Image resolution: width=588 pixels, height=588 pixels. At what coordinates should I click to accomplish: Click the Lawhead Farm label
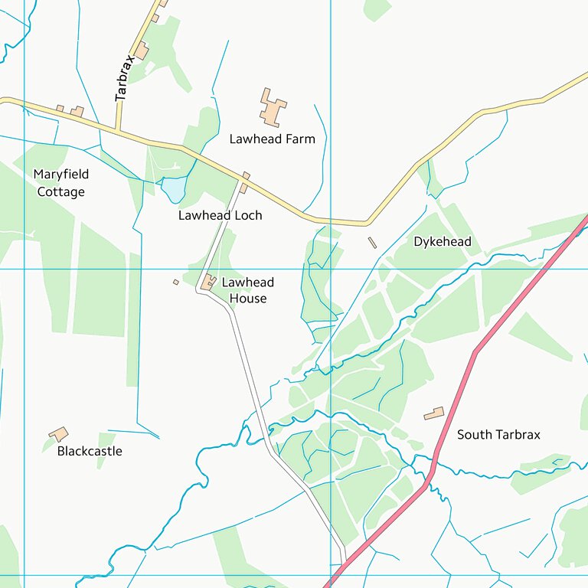coord(272,139)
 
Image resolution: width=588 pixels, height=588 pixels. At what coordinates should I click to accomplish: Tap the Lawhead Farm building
coord(272,108)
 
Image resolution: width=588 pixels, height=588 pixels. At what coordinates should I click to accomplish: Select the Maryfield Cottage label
coord(60,183)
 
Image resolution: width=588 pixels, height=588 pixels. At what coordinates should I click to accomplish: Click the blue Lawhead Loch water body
coord(174,188)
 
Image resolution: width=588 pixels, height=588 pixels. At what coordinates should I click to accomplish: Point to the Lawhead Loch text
coord(220,215)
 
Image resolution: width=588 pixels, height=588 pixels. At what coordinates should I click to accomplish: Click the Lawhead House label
coord(247,290)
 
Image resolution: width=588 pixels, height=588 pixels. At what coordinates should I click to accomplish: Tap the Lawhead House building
coord(207,283)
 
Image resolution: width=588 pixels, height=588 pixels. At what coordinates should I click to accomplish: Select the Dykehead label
coord(442,242)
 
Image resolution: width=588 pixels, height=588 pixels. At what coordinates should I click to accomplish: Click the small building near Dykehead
coord(373,243)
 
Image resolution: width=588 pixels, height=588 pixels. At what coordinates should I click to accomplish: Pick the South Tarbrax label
coord(498,435)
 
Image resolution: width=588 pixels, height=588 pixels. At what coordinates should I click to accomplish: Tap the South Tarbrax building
coord(434,413)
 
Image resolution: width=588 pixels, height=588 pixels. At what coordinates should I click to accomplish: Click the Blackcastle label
coord(90,451)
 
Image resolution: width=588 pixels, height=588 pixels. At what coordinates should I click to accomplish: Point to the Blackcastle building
coord(59,434)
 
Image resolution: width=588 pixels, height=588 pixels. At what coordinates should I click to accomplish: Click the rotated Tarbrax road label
coord(124,77)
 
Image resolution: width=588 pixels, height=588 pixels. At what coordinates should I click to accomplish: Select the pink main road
coord(475,352)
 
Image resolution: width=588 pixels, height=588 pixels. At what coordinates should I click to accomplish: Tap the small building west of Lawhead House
coord(175,282)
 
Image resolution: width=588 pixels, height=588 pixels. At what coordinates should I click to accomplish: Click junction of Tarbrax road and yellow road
coord(119,130)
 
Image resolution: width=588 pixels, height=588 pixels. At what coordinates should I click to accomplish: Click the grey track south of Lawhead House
coord(249,375)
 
